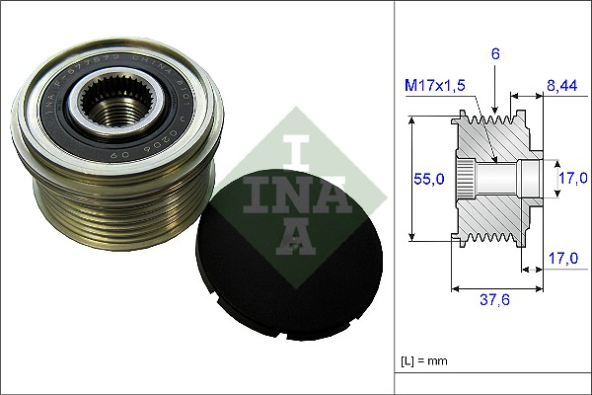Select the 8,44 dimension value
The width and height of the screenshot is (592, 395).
[561, 87]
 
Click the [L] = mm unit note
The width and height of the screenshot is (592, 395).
[425, 361]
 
